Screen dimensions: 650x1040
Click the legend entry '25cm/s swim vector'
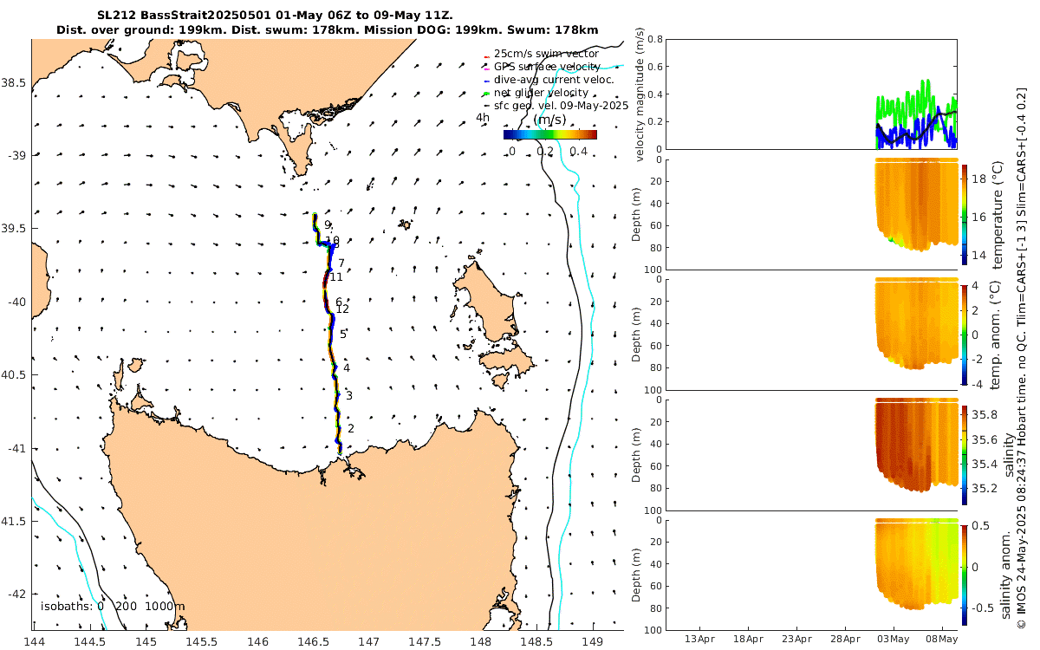(x=546, y=54)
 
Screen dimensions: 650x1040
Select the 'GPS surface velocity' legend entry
(x=546, y=67)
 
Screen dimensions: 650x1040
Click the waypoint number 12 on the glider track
(x=342, y=309)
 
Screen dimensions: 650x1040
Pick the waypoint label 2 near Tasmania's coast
(x=351, y=428)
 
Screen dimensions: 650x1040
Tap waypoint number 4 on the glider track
(x=347, y=368)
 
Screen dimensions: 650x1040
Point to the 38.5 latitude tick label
(x=17, y=82)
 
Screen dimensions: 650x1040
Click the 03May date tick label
(x=893, y=640)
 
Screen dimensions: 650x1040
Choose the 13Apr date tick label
(x=699, y=640)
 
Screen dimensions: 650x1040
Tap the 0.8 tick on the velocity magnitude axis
(x=655, y=40)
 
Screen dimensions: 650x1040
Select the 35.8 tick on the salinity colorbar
(x=985, y=415)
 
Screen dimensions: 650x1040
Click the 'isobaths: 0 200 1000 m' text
(x=113, y=607)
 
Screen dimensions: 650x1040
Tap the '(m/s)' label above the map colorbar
(x=549, y=120)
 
